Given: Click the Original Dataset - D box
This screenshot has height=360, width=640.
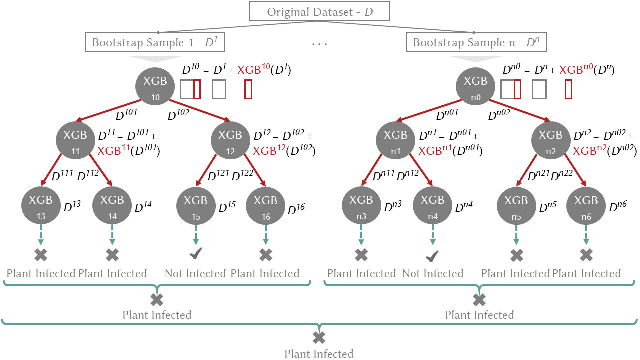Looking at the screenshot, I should [320, 12].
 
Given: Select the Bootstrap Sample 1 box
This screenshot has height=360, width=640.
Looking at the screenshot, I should [155, 43].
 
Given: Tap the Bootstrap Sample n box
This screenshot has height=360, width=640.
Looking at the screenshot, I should [476, 43].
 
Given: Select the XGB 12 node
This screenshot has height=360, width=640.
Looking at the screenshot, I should [230, 140].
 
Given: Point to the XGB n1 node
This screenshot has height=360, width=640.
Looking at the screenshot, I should [396, 140].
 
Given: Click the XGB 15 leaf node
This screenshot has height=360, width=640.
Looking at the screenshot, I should [195, 205].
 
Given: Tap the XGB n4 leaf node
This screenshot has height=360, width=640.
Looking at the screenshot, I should [432, 205].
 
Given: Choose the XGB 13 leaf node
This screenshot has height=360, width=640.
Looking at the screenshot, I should [41, 205].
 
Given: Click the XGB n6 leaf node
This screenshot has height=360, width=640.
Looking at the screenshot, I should [586, 205].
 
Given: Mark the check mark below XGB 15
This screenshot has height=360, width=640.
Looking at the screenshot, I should [195, 255].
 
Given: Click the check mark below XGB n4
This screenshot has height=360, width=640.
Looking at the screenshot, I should [432, 256].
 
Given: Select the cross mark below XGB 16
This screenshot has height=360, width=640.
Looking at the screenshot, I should [266, 255].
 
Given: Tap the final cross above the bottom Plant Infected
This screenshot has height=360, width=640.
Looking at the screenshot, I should [319, 338].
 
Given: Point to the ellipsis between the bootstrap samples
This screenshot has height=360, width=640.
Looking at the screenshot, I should [319, 44].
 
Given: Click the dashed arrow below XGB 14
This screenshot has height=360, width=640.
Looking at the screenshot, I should [112, 235].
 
